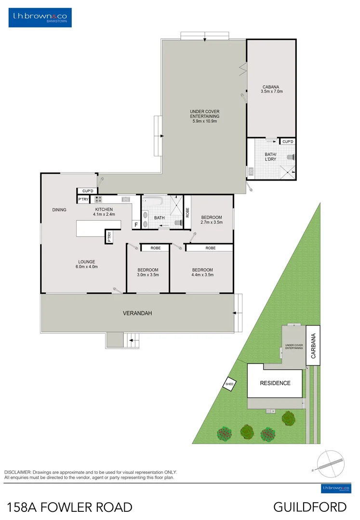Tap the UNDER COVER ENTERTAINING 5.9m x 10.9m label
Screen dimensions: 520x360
[204, 116]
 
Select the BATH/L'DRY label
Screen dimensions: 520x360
[270, 157]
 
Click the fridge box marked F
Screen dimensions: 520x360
[136, 225]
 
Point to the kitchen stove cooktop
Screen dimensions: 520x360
[98, 199]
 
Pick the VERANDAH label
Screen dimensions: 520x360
[137, 313]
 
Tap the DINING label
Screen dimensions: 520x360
[59, 210]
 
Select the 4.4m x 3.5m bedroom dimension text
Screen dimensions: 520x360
[202, 275]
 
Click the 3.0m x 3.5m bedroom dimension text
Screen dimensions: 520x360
[147, 275]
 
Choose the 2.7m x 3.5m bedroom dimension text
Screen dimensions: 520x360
[212, 222]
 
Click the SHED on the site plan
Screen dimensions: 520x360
[229, 384]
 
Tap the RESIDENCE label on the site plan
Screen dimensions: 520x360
[275, 383]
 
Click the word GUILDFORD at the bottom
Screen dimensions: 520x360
[310, 507]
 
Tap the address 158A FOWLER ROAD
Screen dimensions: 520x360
[70, 507]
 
